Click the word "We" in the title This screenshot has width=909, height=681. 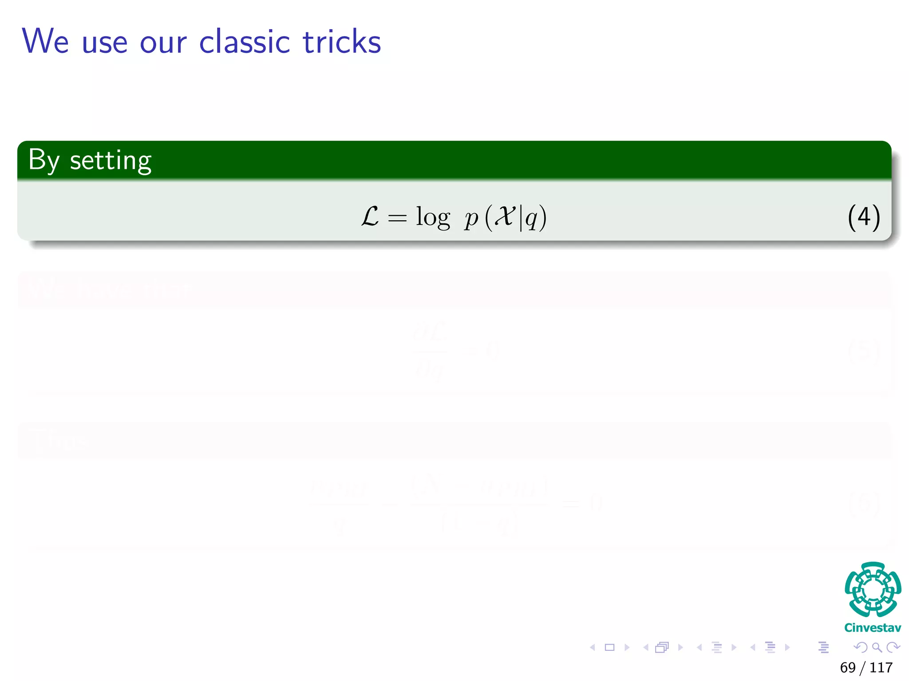(45, 41)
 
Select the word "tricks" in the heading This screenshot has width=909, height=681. (342, 41)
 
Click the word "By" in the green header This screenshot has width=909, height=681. (43, 160)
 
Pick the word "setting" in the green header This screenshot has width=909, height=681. (111, 161)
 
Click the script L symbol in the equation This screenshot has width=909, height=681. (370, 217)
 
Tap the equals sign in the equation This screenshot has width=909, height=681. (397, 218)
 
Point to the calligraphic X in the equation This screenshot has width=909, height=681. (505, 216)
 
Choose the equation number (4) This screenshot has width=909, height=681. (863, 217)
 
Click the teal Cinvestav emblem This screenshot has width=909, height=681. (873, 589)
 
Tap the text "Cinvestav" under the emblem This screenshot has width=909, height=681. (873, 627)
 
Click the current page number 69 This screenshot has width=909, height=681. (848, 667)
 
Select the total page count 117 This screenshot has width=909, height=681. (881, 667)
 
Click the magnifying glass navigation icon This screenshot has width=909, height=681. (877, 647)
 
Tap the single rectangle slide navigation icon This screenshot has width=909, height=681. (610, 647)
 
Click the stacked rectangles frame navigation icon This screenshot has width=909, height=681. (662, 647)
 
